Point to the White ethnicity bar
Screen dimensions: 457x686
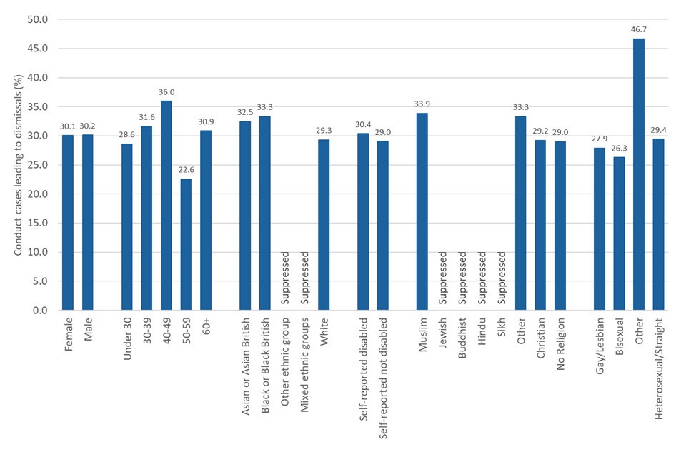tap(324, 224)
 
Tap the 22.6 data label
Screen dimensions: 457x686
tap(186, 170)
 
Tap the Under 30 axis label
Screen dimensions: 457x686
tap(127, 338)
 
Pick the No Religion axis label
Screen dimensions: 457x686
tap(560, 343)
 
